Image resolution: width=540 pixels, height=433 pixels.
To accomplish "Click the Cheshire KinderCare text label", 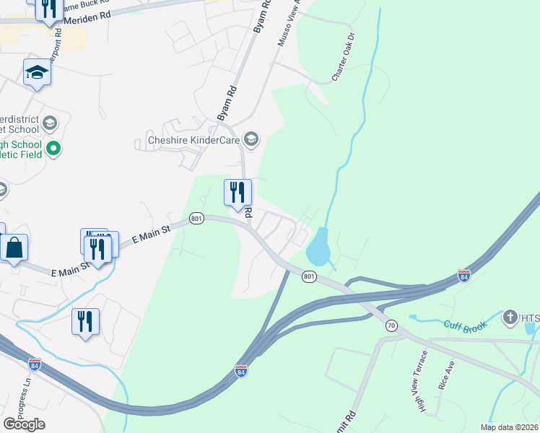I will [193, 140].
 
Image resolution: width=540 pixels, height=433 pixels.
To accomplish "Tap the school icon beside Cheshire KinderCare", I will [251, 139].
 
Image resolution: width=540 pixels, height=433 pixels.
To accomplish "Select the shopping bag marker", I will [14, 248].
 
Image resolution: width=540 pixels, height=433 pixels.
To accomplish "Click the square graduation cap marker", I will [37, 73].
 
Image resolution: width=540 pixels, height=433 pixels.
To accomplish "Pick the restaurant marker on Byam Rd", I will [238, 193].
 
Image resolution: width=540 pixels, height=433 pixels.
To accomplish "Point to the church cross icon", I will [510, 317].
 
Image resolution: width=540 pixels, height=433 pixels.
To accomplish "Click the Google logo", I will [24, 424].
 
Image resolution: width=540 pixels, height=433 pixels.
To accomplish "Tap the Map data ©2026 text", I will [509, 427].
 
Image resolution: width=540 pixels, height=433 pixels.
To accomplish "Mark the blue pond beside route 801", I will [318, 248].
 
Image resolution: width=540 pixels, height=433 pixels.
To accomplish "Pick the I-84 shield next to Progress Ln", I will [35, 364].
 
